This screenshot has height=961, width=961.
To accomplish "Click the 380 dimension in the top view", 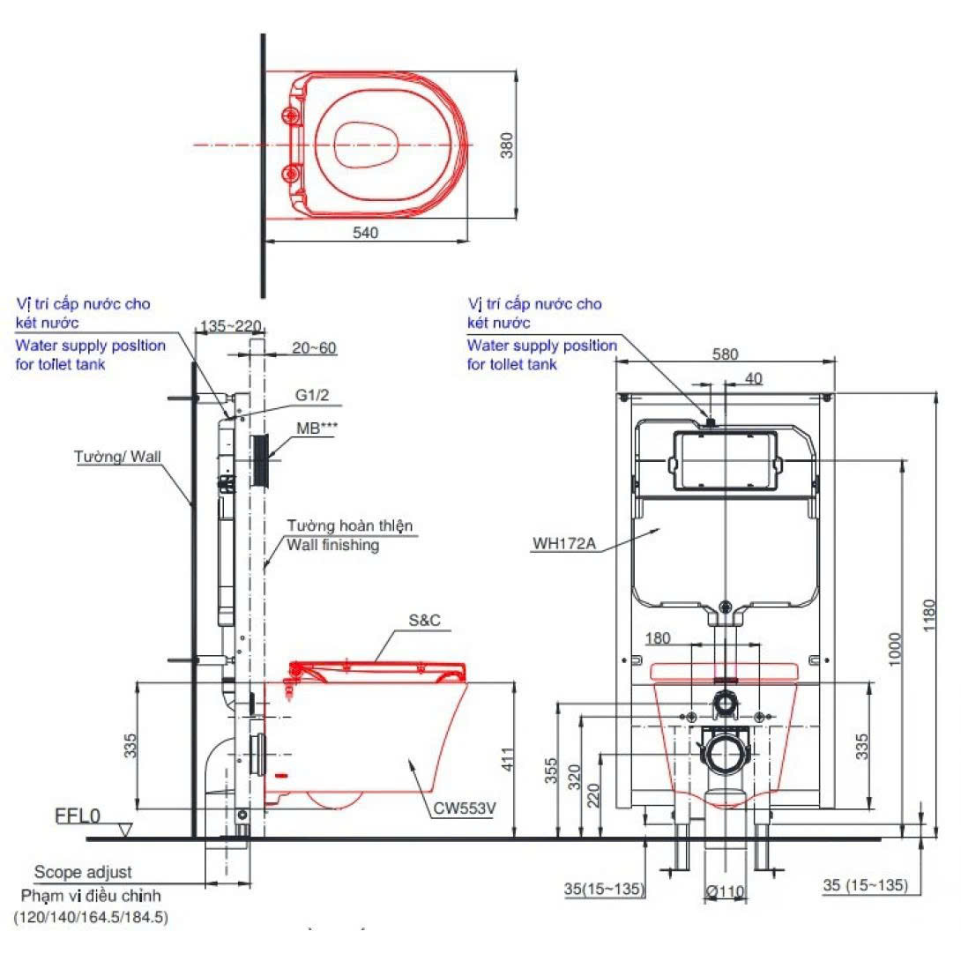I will tap(506, 145).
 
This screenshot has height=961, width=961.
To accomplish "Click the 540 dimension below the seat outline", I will tap(365, 233).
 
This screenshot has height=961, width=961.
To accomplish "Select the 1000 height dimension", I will tap(894, 650).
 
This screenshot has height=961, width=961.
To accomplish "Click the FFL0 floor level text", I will tap(78, 816).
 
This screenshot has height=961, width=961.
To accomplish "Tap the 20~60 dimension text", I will tap(314, 348).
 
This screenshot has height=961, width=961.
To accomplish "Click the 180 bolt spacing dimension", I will tap(659, 638).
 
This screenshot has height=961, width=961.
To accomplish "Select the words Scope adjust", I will tap(83, 872).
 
